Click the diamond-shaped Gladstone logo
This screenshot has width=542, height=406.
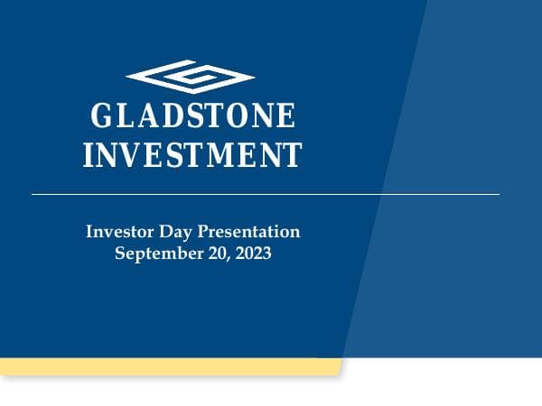[191, 78]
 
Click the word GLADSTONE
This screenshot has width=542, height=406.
[193, 117]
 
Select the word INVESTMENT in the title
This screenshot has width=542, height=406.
[192, 154]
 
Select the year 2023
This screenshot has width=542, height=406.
[254, 254]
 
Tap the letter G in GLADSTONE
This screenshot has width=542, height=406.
[102, 117]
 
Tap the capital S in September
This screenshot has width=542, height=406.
[121, 254]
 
